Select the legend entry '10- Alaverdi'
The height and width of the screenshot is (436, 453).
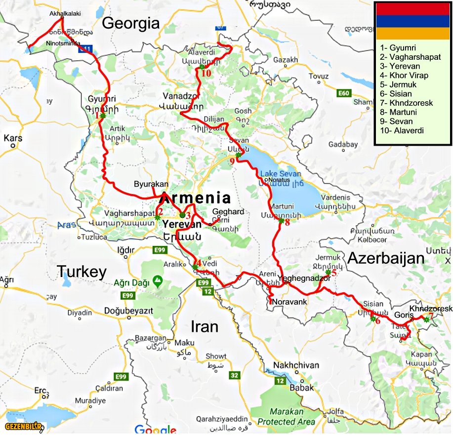point(402,131)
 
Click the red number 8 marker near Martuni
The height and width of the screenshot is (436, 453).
point(287,222)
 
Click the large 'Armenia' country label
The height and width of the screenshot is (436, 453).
point(196,198)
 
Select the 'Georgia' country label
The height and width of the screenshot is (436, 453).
point(131,23)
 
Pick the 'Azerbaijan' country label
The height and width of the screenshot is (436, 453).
point(387,258)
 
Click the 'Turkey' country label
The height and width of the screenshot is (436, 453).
point(82,271)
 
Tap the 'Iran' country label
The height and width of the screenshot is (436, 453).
point(204,326)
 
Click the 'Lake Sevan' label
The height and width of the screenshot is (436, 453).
point(280,174)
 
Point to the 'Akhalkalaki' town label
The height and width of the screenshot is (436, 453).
point(65,14)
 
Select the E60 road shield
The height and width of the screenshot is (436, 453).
point(344,93)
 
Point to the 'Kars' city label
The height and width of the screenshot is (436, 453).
point(13,138)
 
